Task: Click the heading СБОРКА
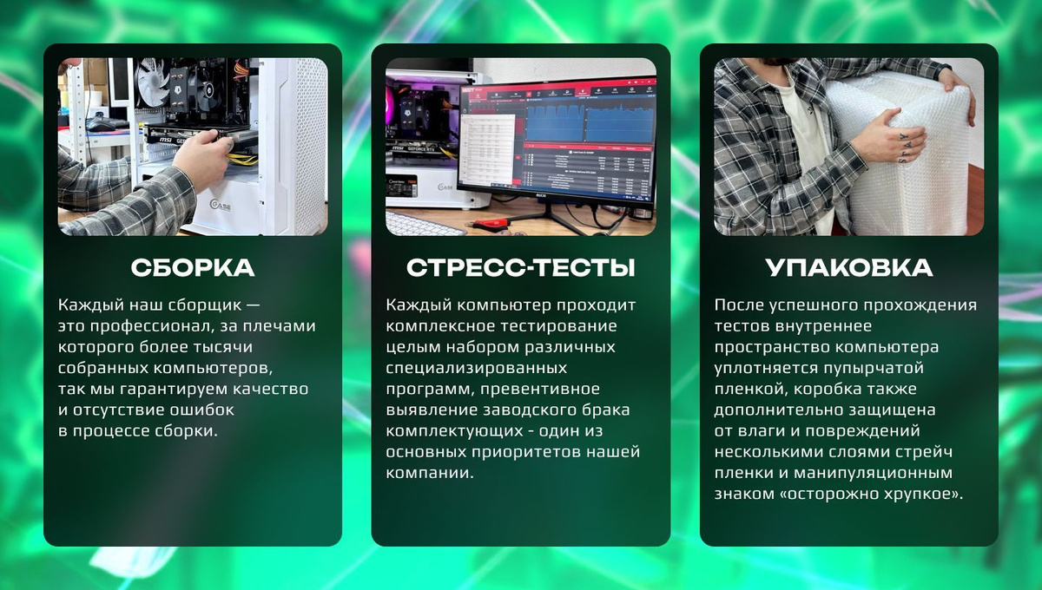pos(193,268)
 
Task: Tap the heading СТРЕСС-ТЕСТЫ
pos(520,268)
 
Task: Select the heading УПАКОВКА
pos(849,268)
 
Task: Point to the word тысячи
pos(223,347)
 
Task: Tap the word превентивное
pos(540,390)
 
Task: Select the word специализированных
pos(477,369)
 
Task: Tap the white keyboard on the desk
pos(424,223)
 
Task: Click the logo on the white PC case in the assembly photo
pos(221,205)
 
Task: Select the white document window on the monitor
pos(486,151)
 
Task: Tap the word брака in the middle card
pos(608,410)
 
